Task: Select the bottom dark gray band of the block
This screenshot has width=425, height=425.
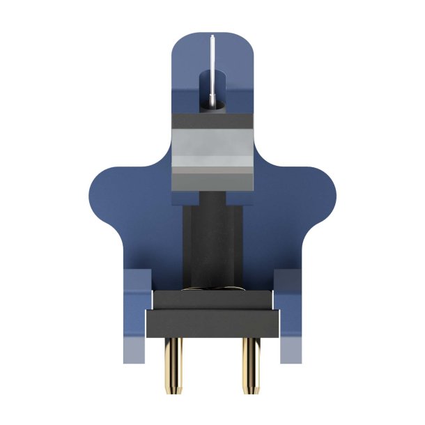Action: coord(212,179)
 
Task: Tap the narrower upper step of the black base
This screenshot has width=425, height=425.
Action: coord(212,299)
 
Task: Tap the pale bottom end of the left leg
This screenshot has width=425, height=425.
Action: coord(135,351)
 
